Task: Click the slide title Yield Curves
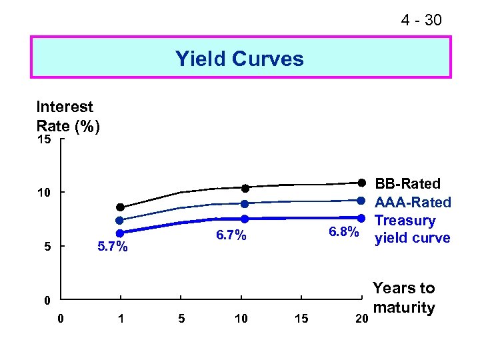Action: [239, 59]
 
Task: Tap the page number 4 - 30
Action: [421, 21]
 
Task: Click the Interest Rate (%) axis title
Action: [68, 116]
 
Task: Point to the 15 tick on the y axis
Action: [44, 140]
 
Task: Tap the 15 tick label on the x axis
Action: [301, 319]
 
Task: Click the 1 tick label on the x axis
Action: [120, 319]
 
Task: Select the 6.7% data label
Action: [231, 235]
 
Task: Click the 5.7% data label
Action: [112, 247]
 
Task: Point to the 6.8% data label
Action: [344, 232]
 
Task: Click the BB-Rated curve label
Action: [408, 184]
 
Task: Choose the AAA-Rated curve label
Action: [413, 202]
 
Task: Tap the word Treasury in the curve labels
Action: [405, 220]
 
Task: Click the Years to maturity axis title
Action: [403, 298]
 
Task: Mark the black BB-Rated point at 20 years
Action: [361, 183]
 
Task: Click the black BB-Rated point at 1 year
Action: [120, 207]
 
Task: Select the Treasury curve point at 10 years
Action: [245, 219]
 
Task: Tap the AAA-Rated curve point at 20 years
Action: [361, 200]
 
